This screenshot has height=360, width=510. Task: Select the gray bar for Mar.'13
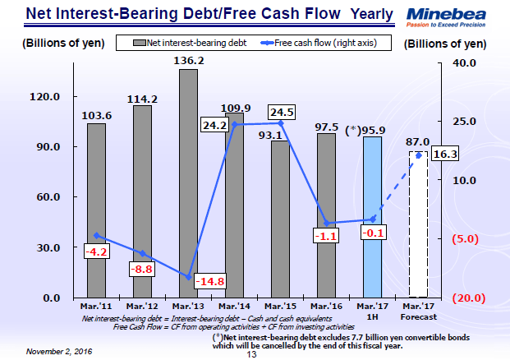coord(188,181)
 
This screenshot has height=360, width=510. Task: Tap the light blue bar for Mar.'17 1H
coord(372,218)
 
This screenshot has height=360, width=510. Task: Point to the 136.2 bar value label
coord(188,60)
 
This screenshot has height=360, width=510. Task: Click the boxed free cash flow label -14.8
coord(211,282)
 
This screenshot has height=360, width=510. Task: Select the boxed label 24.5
coord(281,113)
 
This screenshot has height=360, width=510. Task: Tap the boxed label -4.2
coord(97,251)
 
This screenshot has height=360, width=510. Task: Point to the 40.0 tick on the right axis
coord(465,63)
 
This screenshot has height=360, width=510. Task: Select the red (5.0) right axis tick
coord(465,239)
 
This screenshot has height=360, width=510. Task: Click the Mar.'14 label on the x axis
coord(234,307)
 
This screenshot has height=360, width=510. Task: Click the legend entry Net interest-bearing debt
coord(186,42)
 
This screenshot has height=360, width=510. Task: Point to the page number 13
coord(253,355)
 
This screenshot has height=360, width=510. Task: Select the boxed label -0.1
coord(373,233)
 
